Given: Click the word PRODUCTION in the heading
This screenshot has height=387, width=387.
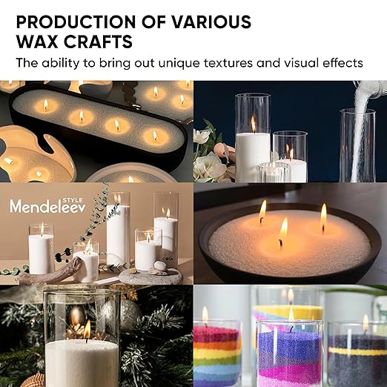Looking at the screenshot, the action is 76,21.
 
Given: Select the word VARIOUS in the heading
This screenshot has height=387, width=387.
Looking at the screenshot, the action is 211,21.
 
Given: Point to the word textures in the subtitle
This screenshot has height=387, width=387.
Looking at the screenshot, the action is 228,63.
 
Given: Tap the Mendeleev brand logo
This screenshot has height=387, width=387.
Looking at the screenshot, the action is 47,205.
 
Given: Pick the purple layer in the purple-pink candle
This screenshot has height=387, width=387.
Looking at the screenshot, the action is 289,346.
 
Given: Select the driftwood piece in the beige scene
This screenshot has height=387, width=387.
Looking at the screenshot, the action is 50,273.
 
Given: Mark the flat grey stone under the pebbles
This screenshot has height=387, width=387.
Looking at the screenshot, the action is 151,277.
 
